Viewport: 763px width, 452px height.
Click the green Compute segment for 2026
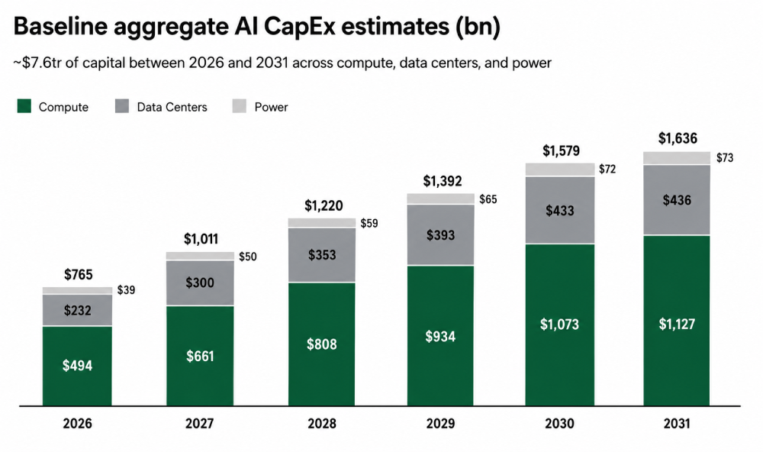[x=77, y=366]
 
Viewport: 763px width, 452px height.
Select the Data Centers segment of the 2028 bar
[x=322, y=255]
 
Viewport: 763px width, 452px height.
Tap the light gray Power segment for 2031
[x=677, y=158]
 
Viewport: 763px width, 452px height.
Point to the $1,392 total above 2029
[x=443, y=181]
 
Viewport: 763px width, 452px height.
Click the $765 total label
[x=79, y=275]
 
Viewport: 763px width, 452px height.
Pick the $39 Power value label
[x=126, y=290]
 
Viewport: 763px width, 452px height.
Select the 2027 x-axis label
[x=199, y=423]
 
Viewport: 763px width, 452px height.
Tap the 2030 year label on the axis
[x=559, y=423]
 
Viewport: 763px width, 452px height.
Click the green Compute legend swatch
[x=24, y=106]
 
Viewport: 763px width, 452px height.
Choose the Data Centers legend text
[x=172, y=107]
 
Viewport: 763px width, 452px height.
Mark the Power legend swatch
[x=240, y=106]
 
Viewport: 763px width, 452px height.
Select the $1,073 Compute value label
[x=559, y=324]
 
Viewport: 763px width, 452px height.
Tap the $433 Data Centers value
[x=559, y=211]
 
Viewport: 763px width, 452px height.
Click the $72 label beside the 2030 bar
[x=607, y=169]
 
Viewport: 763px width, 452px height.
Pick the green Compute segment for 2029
[x=440, y=336]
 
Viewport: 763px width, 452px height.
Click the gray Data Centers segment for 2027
[x=200, y=283]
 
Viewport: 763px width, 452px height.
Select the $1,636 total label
[x=678, y=139]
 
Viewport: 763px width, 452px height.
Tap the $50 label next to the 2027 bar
[x=248, y=257]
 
